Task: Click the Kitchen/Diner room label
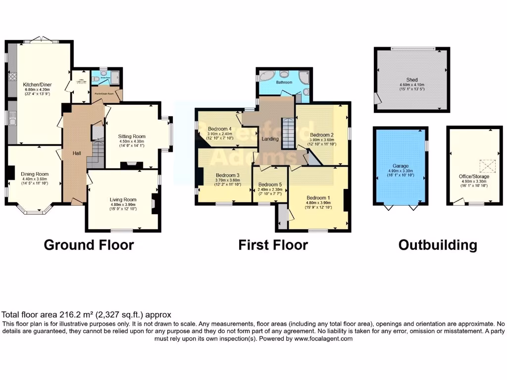[x=38, y=85]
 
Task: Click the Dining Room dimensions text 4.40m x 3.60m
[x=35, y=179]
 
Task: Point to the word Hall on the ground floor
[x=77, y=154]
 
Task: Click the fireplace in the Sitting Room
[x=132, y=166]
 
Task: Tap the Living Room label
[x=123, y=200]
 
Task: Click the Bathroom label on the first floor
[x=284, y=82]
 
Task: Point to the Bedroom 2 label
[x=321, y=135]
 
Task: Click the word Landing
[x=270, y=139]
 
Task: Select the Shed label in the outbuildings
[x=412, y=80]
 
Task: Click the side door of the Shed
[x=378, y=100]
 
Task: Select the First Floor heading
[x=273, y=245]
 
